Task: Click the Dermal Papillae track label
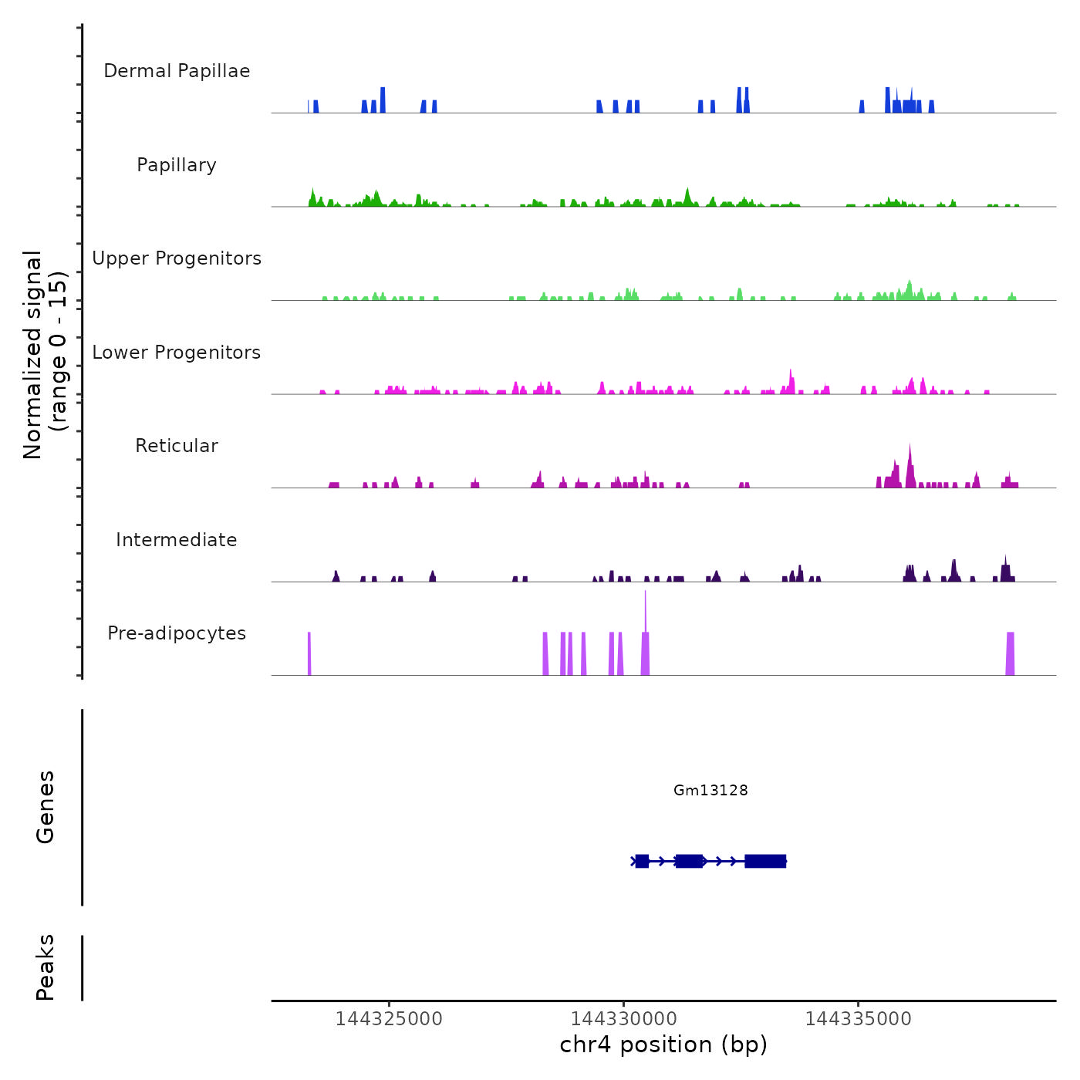(177, 71)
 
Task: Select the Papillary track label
(177, 165)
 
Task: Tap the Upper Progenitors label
(177, 258)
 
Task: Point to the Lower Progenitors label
(177, 353)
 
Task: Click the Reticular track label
(177, 446)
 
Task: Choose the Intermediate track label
(177, 540)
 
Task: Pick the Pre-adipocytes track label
(177, 633)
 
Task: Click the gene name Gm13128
(710, 790)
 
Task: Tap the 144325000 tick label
(389, 1019)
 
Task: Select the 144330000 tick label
(624, 1019)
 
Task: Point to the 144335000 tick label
(859, 1019)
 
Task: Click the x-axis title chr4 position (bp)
(663, 1045)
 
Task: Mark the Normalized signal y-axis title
(45, 355)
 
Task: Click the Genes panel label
(46, 807)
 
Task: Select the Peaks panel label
(46, 967)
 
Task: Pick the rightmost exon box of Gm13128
(765, 861)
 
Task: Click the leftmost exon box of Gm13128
(642, 861)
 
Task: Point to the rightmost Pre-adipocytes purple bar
(1010, 654)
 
